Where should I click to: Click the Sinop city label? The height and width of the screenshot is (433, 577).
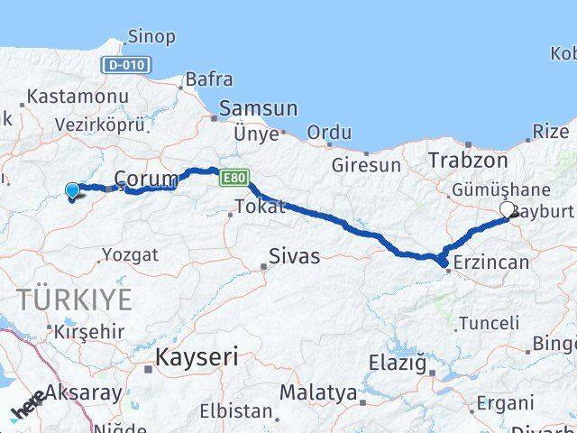151,37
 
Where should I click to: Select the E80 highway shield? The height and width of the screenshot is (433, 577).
231,178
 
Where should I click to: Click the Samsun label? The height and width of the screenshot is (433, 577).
259,107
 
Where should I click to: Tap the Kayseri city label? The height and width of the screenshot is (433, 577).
197,357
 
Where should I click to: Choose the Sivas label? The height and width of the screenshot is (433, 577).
295,257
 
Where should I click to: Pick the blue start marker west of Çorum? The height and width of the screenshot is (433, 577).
72,189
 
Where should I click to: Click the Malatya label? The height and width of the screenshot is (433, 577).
317,392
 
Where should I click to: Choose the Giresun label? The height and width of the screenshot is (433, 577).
366,165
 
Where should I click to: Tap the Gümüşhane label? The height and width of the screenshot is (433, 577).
501,189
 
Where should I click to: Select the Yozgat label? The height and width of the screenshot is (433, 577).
130,255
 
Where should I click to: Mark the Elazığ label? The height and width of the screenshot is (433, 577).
396,364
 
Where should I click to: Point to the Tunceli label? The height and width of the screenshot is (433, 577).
489,322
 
